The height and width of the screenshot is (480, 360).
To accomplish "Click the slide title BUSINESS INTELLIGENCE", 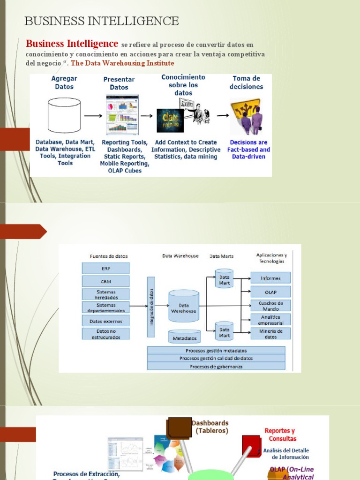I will coord(101,21).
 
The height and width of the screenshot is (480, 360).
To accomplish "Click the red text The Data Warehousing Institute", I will coord(122,63).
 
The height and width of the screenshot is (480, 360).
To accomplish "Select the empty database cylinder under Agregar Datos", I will coord(64,116).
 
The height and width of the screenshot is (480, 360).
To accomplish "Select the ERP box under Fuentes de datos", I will coord(105,269).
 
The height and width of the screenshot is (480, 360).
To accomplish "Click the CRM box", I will coord(105,281).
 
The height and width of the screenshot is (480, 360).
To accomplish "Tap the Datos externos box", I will coord(105,321).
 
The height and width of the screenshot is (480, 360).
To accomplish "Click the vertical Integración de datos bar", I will coord(151,307).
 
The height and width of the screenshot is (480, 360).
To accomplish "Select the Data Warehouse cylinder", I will coord(184,307).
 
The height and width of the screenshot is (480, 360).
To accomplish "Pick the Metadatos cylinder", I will coord(184,337).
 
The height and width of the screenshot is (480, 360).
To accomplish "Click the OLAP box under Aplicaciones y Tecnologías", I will coord(270,292).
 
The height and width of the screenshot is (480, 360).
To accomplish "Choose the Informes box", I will coord(270,278).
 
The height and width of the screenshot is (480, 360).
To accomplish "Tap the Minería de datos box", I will coord(270,333).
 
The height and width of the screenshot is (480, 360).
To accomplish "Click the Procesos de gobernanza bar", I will coord(216,366).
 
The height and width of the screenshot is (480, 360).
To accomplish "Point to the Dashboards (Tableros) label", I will coord(210,427).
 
